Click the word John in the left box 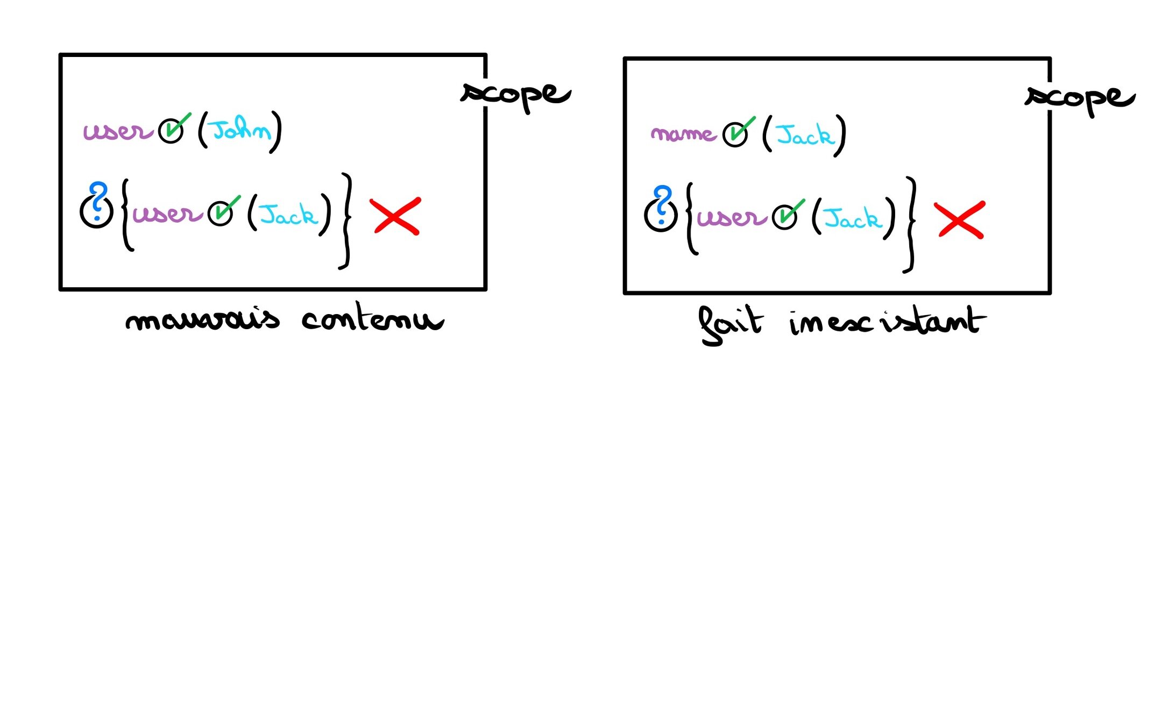[242, 130]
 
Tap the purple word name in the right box [683, 133]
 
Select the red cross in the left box [395, 216]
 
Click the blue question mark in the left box [98, 200]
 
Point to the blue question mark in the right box [663, 204]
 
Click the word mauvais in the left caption [203, 320]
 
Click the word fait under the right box [730, 324]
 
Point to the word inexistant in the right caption [888, 322]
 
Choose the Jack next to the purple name [805, 135]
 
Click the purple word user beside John [118, 131]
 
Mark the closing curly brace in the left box [345, 220]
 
